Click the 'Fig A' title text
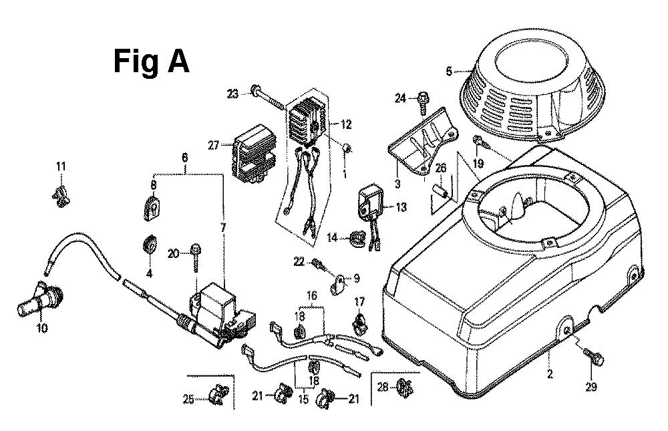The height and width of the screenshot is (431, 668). (x=151, y=62)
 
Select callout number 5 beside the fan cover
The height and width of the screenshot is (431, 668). (x=449, y=70)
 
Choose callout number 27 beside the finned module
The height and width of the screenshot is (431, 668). (x=213, y=146)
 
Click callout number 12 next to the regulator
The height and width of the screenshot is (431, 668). (x=345, y=124)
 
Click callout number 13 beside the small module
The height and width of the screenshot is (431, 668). (x=401, y=208)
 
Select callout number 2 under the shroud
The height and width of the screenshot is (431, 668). (x=550, y=374)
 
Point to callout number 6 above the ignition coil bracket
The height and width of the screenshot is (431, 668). (x=185, y=158)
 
